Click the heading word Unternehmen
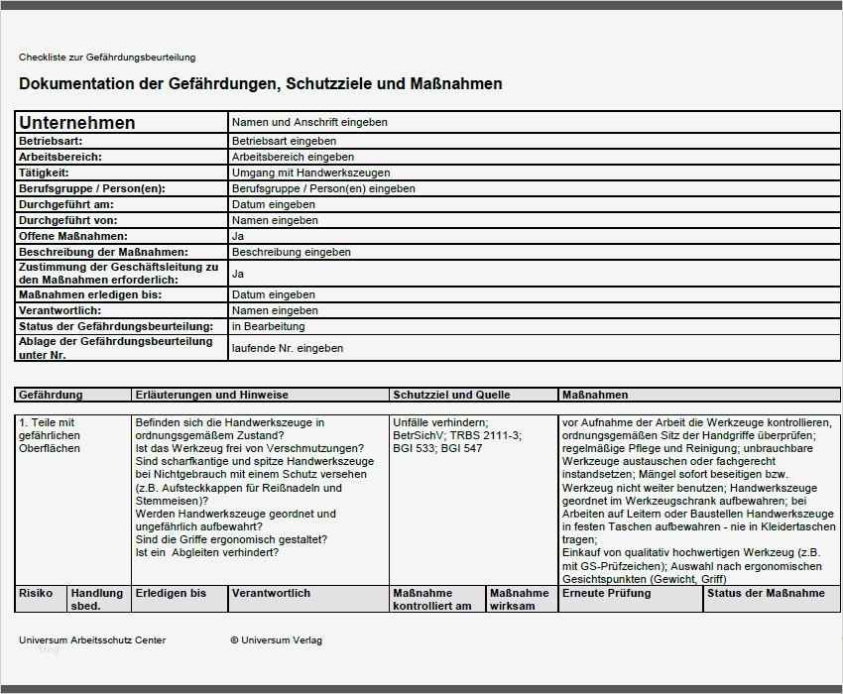(77, 123)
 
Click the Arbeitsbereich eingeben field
(293, 157)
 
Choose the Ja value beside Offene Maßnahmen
(238, 236)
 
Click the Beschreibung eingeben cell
(292, 252)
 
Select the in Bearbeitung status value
(269, 326)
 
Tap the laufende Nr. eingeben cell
(288, 348)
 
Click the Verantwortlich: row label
(60, 310)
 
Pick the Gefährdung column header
(51, 395)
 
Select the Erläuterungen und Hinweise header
(211, 395)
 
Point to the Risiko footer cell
(36, 593)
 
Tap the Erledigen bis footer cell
(171, 593)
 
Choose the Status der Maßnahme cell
(766, 593)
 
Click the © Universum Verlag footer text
(276, 640)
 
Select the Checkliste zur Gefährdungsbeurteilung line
(107, 58)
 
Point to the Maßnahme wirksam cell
(519, 599)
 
